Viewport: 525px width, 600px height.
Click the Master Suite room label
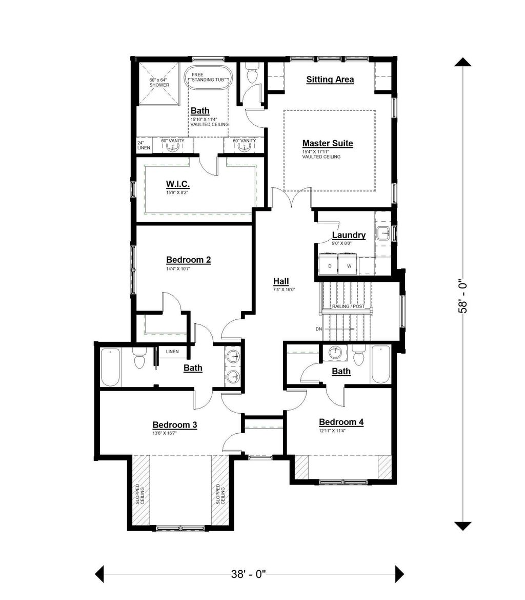tap(327, 144)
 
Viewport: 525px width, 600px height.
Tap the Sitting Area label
tap(330, 80)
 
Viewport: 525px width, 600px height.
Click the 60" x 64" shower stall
tap(158, 83)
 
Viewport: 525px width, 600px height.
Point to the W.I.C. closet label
tap(178, 184)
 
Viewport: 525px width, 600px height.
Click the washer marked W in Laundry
tap(349, 266)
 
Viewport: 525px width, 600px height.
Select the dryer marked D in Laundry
tap(330, 266)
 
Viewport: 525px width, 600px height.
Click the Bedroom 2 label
tap(188, 260)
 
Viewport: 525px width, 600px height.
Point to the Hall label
tap(281, 281)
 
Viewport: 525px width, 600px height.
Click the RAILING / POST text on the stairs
tap(348, 306)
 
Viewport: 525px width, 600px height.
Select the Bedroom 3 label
tap(175, 425)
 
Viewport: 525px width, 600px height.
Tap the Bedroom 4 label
tap(341, 422)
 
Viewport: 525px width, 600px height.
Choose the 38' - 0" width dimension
tap(249, 574)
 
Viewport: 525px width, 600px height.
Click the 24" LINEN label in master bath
tap(144, 145)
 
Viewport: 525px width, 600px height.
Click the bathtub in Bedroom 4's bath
tap(380, 364)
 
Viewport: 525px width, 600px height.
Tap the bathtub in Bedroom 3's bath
tap(111, 367)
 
